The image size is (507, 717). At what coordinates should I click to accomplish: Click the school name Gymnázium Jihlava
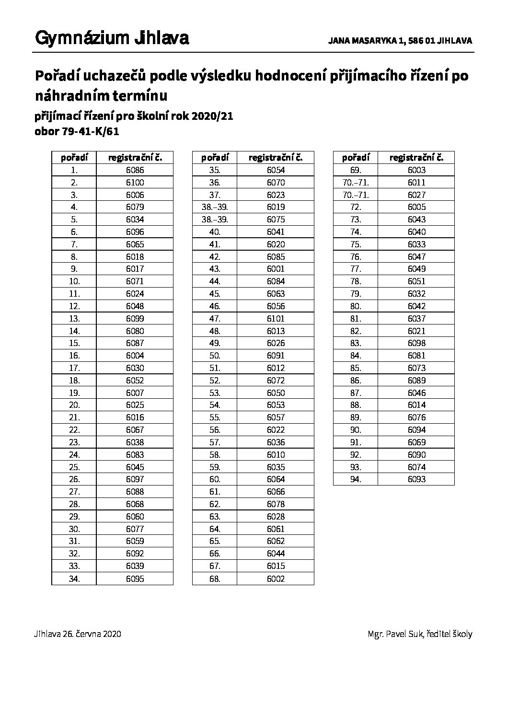tap(112, 38)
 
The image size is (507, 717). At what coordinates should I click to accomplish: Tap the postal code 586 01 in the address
tap(421, 41)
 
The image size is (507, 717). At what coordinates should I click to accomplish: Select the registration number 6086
tap(135, 170)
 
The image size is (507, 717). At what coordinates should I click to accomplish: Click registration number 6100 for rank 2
tap(135, 183)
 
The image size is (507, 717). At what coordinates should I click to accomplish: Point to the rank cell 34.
tap(74, 578)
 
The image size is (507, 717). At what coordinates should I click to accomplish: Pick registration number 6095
tap(135, 578)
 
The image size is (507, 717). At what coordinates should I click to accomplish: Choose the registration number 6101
tap(276, 319)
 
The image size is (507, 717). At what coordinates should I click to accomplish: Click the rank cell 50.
tap(215, 356)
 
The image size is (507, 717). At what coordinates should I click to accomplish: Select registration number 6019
tap(276, 207)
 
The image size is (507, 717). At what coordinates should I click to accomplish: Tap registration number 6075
tap(276, 220)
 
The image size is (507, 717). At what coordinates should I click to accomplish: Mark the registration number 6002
tap(276, 578)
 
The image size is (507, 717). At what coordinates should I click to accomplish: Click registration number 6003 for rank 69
tap(416, 170)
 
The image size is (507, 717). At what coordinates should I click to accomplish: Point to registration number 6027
tap(416, 195)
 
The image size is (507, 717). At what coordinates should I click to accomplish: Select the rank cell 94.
tap(355, 479)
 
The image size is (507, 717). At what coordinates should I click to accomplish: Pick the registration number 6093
tap(416, 479)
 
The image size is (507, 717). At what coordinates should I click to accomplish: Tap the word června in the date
tap(88, 634)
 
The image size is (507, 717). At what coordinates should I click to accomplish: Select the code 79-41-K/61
tap(90, 132)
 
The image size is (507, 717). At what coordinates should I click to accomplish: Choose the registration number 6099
tap(135, 319)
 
